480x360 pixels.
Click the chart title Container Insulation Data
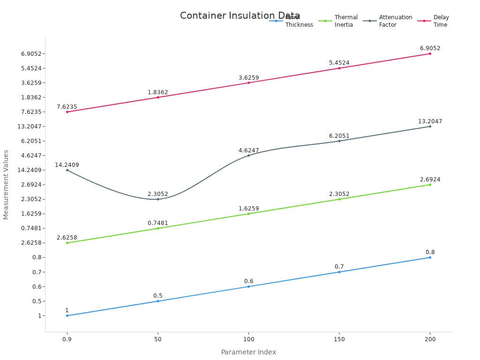(x=240, y=16)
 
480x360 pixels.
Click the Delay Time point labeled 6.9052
(x=430, y=53)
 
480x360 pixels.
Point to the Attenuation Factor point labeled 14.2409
(x=67, y=170)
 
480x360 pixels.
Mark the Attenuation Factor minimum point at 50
(x=158, y=199)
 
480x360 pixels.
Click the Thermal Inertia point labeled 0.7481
(x=158, y=228)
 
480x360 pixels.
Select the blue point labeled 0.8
(x=430, y=257)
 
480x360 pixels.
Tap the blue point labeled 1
(x=67, y=315)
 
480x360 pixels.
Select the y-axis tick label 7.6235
(x=31, y=112)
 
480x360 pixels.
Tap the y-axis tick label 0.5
(x=37, y=301)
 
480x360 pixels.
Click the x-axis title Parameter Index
(x=248, y=352)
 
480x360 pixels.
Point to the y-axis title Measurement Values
(x=6, y=185)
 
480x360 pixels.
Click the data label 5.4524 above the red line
(x=339, y=63)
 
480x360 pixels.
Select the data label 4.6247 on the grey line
(x=248, y=150)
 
